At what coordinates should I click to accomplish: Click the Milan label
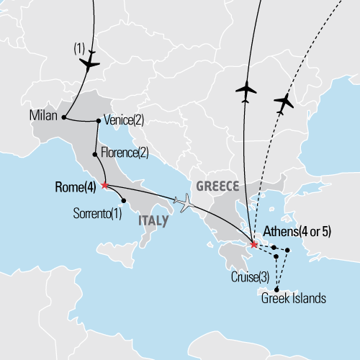click(x=44, y=116)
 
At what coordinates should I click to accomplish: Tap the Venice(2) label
click(x=124, y=120)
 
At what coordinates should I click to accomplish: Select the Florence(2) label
click(x=125, y=153)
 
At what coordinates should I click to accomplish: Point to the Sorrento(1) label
click(x=98, y=213)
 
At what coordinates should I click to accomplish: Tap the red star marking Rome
click(x=104, y=185)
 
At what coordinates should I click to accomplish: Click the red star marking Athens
click(x=253, y=244)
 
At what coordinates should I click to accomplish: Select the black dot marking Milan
click(x=65, y=117)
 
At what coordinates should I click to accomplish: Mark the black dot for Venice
click(x=98, y=121)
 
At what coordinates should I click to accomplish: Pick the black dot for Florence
click(x=95, y=154)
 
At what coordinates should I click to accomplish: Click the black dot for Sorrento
click(x=124, y=200)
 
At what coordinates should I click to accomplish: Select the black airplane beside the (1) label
click(x=89, y=64)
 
